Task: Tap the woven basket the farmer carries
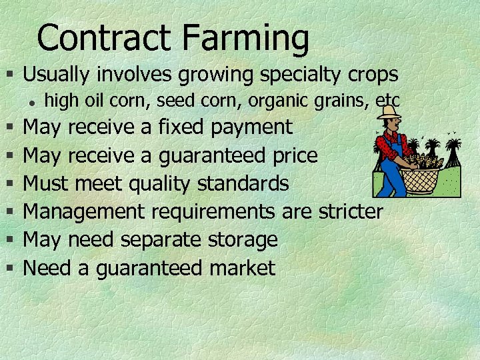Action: click(419, 177)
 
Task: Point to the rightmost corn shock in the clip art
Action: click(453, 153)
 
